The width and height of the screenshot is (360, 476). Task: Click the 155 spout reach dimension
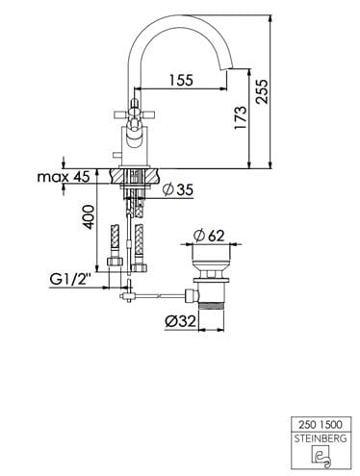[181, 80]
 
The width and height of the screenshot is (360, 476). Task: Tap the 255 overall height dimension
[262, 91]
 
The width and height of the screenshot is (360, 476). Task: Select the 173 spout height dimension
[241, 117]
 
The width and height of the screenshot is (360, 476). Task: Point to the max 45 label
[64, 177]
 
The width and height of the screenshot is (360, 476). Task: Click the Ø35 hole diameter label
[177, 189]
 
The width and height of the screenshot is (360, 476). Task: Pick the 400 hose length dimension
[89, 217]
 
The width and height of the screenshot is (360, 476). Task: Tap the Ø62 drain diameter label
[209, 237]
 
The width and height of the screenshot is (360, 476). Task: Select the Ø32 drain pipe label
[180, 321]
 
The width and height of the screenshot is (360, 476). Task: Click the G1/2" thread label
[69, 280]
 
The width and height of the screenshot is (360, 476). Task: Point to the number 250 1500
[321, 425]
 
